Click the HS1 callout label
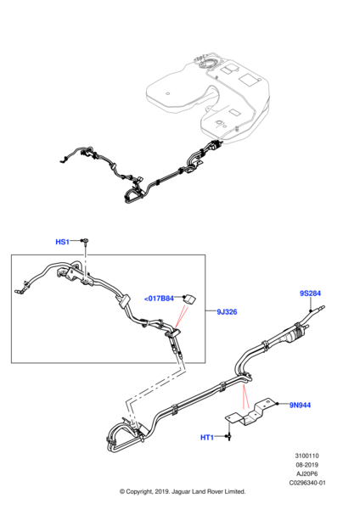point(62,242)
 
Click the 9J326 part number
point(226,311)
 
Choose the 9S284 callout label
point(310,294)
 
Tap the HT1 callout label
point(207,437)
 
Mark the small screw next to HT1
point(229,438)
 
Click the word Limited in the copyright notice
point(232,491)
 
